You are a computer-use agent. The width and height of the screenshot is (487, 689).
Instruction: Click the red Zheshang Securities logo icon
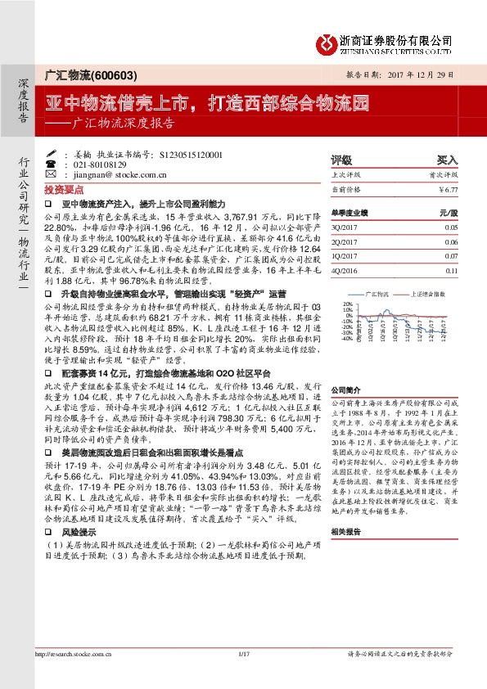click(x=325, y=43)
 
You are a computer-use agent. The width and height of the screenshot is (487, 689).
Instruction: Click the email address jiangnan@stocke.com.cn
click(x=113, y=173)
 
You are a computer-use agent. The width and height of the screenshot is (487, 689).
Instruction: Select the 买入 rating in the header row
click(x=446, y=160)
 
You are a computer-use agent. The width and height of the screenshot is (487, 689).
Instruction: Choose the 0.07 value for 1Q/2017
click(x=451, y=256)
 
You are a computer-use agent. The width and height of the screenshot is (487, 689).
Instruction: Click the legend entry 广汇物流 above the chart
click(x=377, y=292)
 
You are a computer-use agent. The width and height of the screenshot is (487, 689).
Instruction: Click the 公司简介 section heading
click(x=346, y=391)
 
